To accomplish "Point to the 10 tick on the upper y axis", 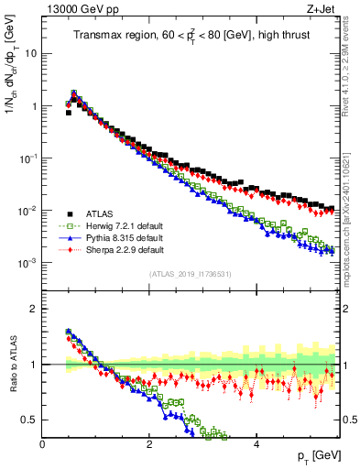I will coord(30,53).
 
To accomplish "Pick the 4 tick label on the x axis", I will coord(256,443).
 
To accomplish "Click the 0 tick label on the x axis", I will coord(42,443).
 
